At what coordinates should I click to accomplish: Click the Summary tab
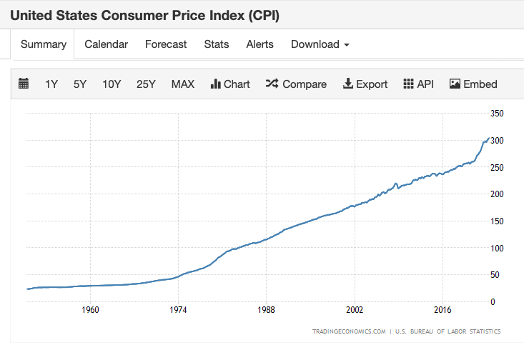[x=44, y=44]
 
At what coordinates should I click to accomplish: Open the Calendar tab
[x=106, y=44]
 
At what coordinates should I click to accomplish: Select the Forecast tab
[x=166, y=44]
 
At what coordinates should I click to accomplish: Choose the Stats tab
[x=217, y=44]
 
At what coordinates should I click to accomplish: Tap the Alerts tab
[x=259, y=44]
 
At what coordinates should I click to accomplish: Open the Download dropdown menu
[x=320, y=44]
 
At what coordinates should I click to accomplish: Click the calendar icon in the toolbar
[x=24, y=84]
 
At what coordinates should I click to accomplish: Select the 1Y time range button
[x=51, y=84]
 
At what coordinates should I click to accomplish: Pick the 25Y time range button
[x=146, y=84]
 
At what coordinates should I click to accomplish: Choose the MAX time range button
[x=183, y=84]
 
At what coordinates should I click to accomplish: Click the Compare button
[x=296, y=84]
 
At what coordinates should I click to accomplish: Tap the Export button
[x=365, y=84]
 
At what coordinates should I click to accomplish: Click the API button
[x=419, y=84]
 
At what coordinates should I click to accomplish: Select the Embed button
[x=473, y=84]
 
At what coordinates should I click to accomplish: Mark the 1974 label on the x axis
[x=178, y=311]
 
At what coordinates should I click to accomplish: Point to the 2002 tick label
[x=354, y=311]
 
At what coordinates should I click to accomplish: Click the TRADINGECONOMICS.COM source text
[x=349, y=331]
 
